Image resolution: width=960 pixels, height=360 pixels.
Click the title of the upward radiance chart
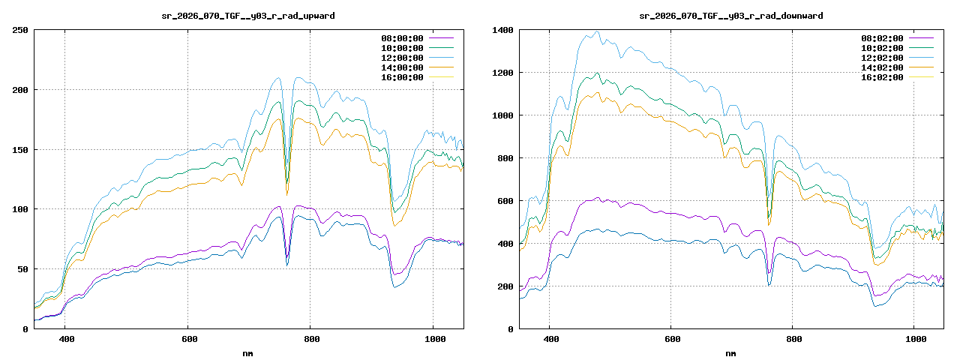coord(248,15)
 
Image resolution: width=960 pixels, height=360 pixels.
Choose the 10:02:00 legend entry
coord(882,48)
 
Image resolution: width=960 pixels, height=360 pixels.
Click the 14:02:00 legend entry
coord(882,67)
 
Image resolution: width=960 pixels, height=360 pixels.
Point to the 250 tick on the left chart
coord(20,30)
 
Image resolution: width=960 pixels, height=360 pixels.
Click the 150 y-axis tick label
coord(20,149)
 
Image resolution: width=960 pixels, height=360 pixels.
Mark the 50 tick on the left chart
coord(22,268)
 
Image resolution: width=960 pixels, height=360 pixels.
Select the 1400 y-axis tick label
coord(502,30)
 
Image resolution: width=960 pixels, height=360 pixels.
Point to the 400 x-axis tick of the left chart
coord(65,339)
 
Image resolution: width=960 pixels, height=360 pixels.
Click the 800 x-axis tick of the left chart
coord(310,339)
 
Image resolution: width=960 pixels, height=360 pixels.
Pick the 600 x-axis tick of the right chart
coord(671,339)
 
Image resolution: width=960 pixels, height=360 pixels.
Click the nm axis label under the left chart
coord(248,352)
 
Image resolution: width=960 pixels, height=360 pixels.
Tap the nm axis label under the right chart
coord(730,352)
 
